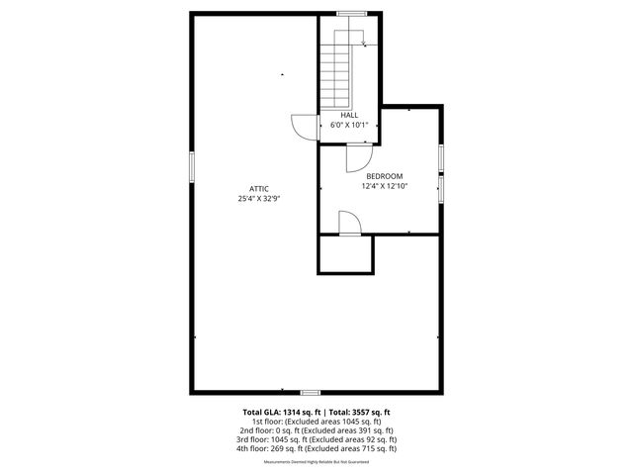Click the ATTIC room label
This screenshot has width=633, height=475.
pyautogui.click(x=260, y=189)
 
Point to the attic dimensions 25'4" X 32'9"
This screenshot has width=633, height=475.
pyautogui.click(x=260, y=199)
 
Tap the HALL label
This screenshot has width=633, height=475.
pyautogui.click(x=349, y=116)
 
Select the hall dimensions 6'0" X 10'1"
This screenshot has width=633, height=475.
pyautogui.click(x=349, y=126)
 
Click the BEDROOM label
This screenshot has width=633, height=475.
pyautogui.click(x=385, y=176)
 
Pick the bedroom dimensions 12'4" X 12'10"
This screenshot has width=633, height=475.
pyautogui.click(x=385, y=186)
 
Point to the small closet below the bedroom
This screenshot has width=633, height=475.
pyautogui.click(x=345, y=254)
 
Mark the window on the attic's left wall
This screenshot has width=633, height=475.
pyautogui.click(x=191, y=164)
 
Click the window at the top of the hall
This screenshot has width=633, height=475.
pyautogui.click(x=351, y=13)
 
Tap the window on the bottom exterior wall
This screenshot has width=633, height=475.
pyautogui.click(x=311, y=393)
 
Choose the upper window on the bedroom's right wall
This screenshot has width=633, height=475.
pyautogui.click(x=442, y=157)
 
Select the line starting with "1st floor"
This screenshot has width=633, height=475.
pyautogui.click(x=316, y=422)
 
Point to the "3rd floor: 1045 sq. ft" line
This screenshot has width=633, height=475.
pyautogui.click(x=316, y=439)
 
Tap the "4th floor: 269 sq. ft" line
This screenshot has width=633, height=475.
pyautogui.click(x=316, y=448)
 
